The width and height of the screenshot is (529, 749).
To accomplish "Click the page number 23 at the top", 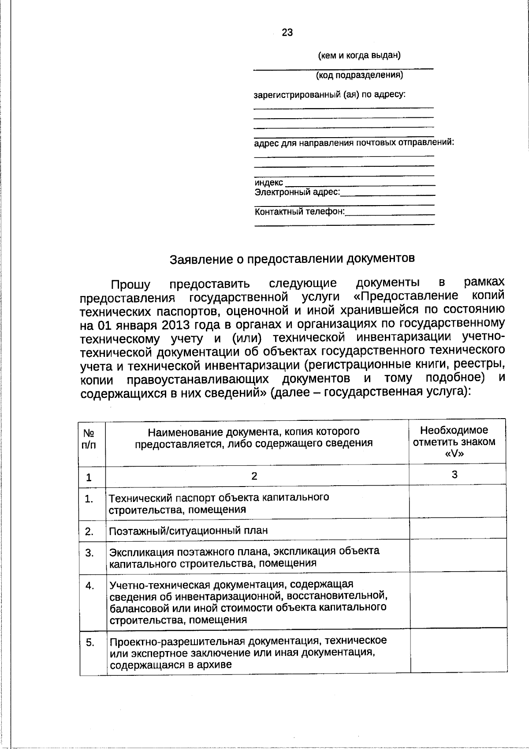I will coord(287,33).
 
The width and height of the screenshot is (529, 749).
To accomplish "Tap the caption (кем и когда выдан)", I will coord(359,56).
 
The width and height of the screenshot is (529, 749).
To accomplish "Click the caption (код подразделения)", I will coord(359,75).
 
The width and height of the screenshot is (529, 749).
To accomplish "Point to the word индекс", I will coord(269,183).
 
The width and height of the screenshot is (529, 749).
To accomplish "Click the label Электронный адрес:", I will coord(298,192).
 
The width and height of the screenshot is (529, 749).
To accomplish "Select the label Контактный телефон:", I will coord(300,212).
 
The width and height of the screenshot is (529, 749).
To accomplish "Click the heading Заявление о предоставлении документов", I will coord(292,258).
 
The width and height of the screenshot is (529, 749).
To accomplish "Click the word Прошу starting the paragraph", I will coord(130,285).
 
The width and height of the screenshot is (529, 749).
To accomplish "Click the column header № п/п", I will coord(89,439).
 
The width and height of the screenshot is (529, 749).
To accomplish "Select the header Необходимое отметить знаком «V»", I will coord(454,442).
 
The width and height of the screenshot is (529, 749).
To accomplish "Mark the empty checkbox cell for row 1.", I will coord(458,502).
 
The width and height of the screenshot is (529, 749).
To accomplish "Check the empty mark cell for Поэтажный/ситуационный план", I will coord(458,528).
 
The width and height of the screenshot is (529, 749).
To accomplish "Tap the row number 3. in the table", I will coord(89,553).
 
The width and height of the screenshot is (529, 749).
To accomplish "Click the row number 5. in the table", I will coord(90,642).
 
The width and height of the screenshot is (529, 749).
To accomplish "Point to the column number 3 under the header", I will coord(454,475).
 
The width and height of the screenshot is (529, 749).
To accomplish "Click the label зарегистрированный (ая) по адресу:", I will coord(330,95).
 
